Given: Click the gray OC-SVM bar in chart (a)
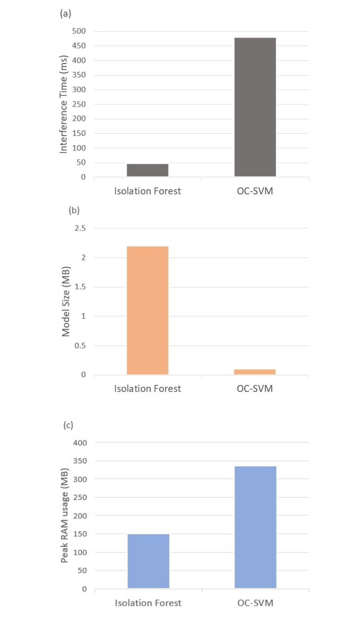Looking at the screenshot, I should pos(255,107).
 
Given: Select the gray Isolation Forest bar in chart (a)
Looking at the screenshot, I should pos(148,170).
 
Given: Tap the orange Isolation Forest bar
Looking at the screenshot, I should pos(148,310).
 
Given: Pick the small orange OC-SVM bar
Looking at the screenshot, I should pos(255,372).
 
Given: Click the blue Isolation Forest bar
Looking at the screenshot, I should pos(148,561).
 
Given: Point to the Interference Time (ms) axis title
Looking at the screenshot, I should pos(64,104).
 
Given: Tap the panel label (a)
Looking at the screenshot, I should pos(65,14).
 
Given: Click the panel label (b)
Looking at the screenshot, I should pos(74,211).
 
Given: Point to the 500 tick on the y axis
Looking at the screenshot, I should pos(79,31).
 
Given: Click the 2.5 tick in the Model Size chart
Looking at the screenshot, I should pos(80,228).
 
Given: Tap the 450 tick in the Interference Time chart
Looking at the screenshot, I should pos(79,46).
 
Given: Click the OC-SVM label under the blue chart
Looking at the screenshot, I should pos(256,603).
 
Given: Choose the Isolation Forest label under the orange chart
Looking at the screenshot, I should pos(148,388).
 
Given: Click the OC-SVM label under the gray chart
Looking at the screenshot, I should pos(255,191).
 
